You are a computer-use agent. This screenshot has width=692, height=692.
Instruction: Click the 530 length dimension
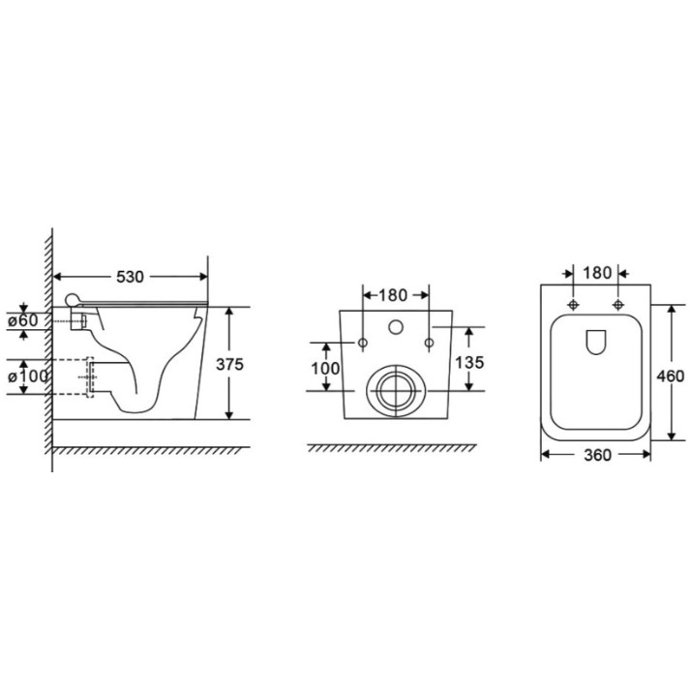click(x=131, y=277)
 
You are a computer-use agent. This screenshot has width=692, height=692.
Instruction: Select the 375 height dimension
click(x=229, y=365)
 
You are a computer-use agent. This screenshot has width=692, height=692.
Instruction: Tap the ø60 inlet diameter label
click(x=23, y=321)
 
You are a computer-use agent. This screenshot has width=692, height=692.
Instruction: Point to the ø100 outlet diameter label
click(x=27, y=376)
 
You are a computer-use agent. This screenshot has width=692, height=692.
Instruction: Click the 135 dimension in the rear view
click(x=469, y=363)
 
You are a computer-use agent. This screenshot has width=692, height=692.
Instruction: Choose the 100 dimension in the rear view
click(x=326, y=369)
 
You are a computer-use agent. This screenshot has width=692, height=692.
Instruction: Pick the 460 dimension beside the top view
click(x=671, y=376)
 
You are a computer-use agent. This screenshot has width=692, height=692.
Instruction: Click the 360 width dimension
click(x=597, y=455)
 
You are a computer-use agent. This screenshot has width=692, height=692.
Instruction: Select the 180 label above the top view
click(x=597, y=273)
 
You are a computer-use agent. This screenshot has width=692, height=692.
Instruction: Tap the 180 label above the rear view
click(x=393, y=295)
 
